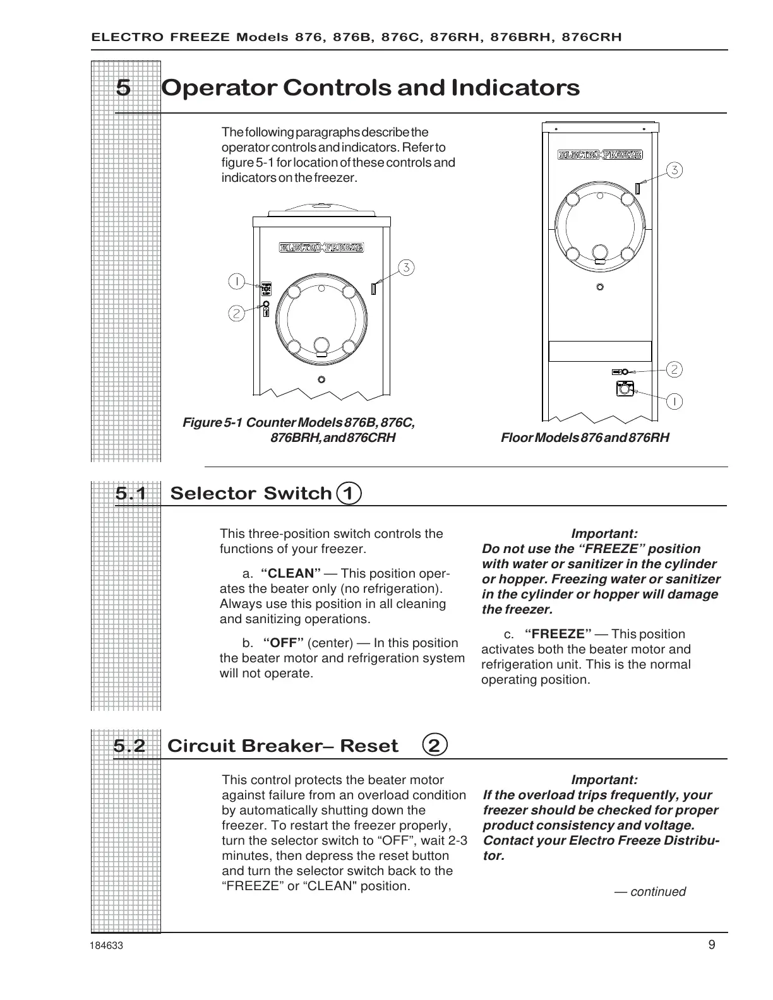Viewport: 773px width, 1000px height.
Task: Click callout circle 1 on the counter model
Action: click(x=236, y=281)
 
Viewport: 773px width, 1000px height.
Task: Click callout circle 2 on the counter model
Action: click(x=236, y=313)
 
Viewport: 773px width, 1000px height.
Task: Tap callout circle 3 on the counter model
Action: click(x=406, y=268)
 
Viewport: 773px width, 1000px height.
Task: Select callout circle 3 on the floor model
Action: click(x=674, y=170)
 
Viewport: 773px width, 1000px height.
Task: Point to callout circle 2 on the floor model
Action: click(x=674, y=369)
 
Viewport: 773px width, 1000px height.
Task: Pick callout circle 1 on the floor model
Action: click(x=674, y=401)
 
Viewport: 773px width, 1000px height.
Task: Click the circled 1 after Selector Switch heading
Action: click(x=349, y=493)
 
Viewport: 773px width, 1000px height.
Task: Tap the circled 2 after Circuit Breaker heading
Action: click(x=434, y=746)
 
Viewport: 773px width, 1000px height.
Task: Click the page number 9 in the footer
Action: click(x=712, y=945)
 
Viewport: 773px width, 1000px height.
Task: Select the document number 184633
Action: click(x=107, y=946)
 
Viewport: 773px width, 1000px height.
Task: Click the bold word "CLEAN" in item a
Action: click(x=291, y=574)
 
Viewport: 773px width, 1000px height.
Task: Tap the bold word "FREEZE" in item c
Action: click(x=558, y=634)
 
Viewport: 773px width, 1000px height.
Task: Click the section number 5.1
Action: click(x=130, y=494)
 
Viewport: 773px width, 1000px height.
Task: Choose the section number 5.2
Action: click(x=129, y=746)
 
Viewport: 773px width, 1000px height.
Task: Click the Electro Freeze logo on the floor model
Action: click(x=600, y=154)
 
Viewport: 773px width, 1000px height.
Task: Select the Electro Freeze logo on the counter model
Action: click(x=321, y=247)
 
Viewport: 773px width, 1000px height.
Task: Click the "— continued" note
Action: click(x=650, y=892)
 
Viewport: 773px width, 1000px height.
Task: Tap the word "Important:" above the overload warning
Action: click(x=604, y=780)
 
